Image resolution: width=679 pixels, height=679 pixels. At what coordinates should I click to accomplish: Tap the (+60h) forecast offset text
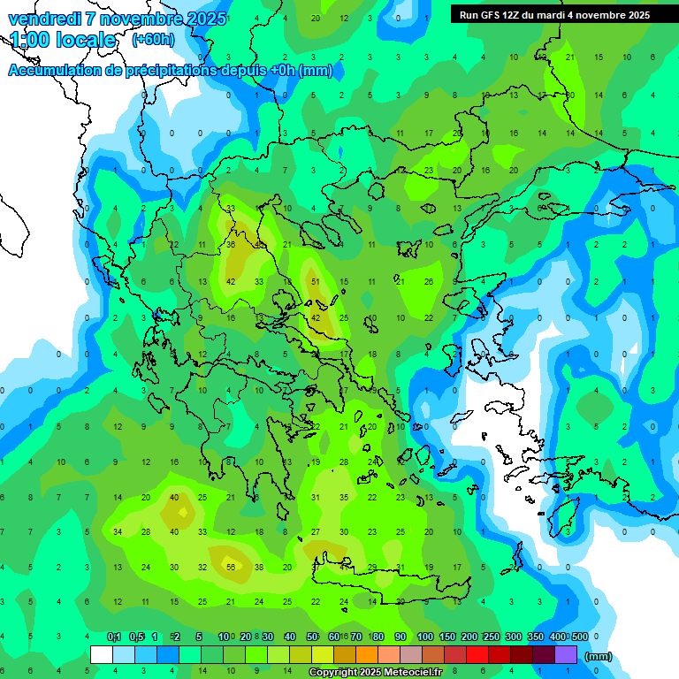pos(153,40)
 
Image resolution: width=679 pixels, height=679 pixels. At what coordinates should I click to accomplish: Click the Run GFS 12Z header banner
pos(553,15)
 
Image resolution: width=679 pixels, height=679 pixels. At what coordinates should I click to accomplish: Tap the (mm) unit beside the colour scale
pos(599,656)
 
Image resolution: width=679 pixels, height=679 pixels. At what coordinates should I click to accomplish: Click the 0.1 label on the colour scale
pos(114,637)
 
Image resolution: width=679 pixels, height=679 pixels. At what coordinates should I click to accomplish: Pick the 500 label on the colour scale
pos(579,637)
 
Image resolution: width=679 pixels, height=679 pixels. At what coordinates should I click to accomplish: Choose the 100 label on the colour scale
pos(424,637)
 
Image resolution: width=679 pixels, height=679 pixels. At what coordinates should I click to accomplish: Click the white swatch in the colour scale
pos(102,655)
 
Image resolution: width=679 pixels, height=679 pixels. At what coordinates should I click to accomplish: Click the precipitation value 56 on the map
pos(231,568)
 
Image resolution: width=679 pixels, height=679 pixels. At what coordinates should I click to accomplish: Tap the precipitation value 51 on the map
pos(316,282)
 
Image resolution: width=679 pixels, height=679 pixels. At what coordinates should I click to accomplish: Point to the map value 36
pos(231,245)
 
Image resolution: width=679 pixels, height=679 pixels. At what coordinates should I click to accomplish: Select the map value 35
pos(344,498)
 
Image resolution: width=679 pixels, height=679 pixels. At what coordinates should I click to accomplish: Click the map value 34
pos(118,532)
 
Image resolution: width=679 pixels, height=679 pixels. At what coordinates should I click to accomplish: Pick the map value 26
pos(429,282)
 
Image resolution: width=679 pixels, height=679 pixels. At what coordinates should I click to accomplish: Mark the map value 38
pos(259,568)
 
